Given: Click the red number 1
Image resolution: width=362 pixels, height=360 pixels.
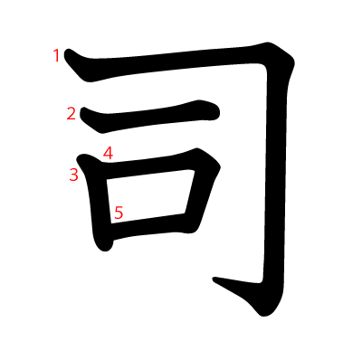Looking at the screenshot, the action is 56,56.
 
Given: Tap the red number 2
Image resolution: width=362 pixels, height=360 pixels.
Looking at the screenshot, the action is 71,114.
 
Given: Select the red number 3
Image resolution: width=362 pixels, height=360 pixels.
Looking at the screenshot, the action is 73,175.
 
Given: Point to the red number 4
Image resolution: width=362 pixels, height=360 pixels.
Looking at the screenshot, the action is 108,153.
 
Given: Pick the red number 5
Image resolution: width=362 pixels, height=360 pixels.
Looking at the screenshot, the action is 119,213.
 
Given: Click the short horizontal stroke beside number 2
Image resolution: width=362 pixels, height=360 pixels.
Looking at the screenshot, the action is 149,116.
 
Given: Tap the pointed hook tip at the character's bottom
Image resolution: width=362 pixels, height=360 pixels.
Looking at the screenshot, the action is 214,279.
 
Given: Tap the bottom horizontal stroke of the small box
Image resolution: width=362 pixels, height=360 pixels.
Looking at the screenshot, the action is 151,228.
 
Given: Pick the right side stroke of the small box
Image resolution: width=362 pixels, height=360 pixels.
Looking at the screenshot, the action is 201,196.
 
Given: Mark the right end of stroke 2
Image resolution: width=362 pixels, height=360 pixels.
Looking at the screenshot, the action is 218,113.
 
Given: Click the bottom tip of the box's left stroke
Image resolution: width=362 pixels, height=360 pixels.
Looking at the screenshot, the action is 106,249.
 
